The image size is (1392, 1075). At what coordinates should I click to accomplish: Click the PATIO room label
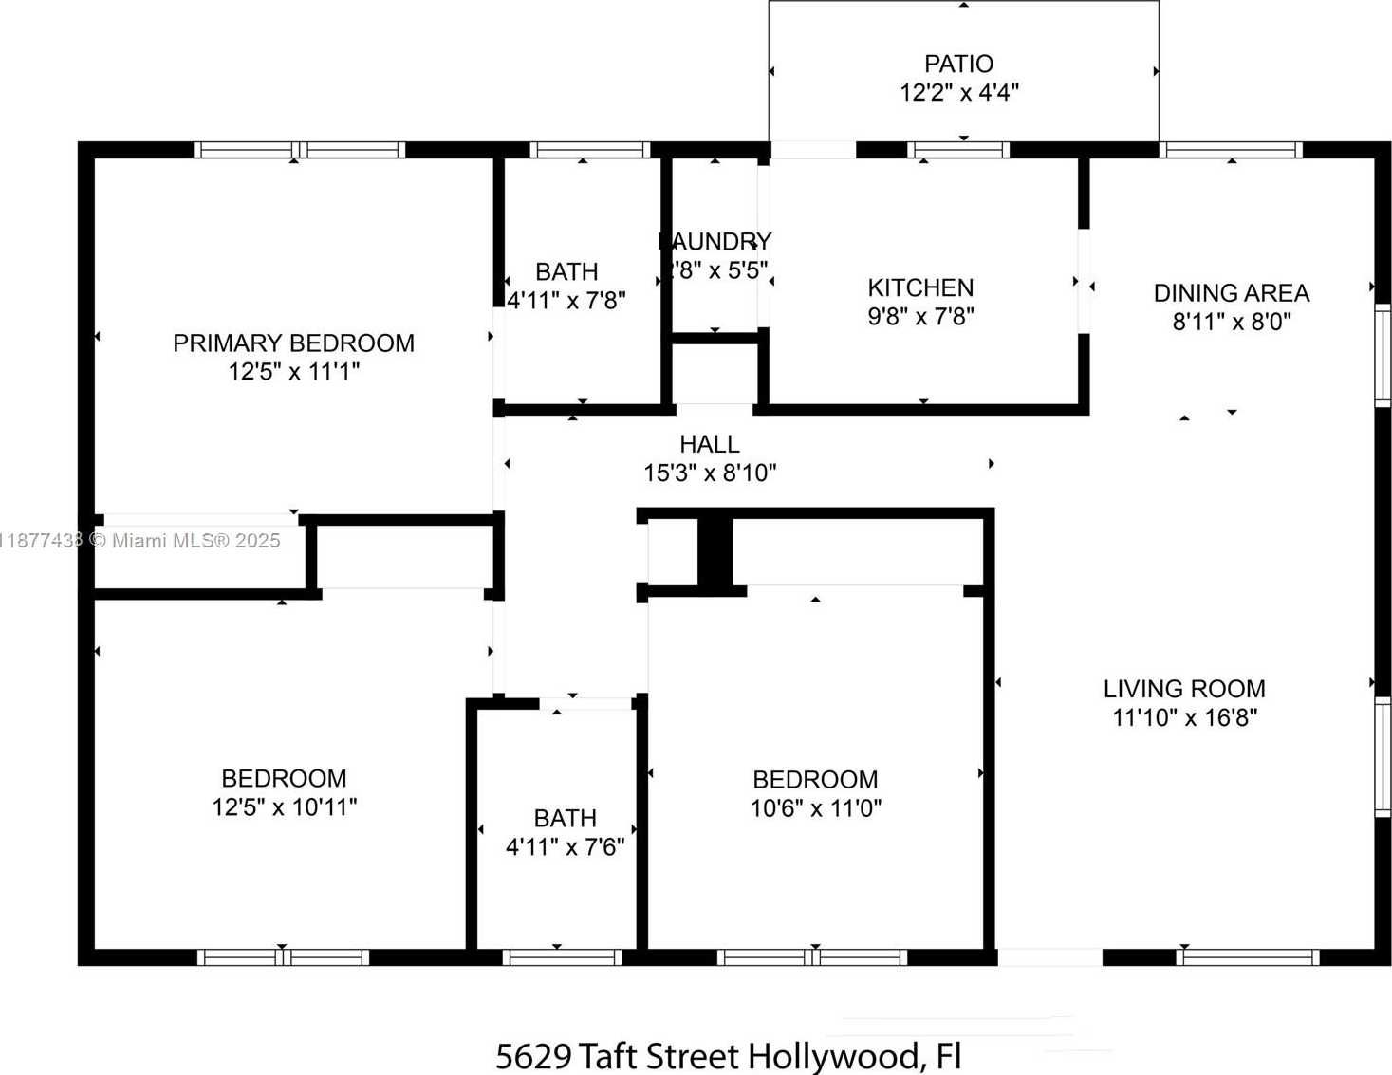[958, 64]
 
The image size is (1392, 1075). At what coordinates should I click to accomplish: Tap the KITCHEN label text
[920, 287]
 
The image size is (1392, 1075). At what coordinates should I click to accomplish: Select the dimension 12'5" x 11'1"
[294, 371]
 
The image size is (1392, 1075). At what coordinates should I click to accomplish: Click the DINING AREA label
[1231, 293]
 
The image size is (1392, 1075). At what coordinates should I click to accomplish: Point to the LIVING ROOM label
[1184, 689]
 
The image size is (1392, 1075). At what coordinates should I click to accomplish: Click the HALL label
[710, 444]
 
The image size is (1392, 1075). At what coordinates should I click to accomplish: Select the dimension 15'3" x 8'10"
[710, 473]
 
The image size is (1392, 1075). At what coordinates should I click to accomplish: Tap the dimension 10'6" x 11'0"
[815, 808]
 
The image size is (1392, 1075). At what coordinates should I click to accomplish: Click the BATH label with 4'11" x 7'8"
[566, 272]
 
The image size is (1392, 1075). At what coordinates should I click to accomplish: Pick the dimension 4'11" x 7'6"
[565, 846]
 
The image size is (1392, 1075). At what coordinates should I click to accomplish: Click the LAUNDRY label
[716, 242]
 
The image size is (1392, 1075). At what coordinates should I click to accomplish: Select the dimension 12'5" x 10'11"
[284, 807]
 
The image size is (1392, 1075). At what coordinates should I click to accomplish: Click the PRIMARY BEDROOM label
[293, 343]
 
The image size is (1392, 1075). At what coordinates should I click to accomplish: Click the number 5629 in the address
[534, 1056]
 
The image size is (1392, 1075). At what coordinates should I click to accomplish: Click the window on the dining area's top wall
[1231, 150]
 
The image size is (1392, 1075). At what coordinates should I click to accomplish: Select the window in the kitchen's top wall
[957, 150]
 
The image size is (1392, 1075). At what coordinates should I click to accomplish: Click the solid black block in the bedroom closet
[715, 552]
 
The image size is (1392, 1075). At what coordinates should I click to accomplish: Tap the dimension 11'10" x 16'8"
[1184, 717]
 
